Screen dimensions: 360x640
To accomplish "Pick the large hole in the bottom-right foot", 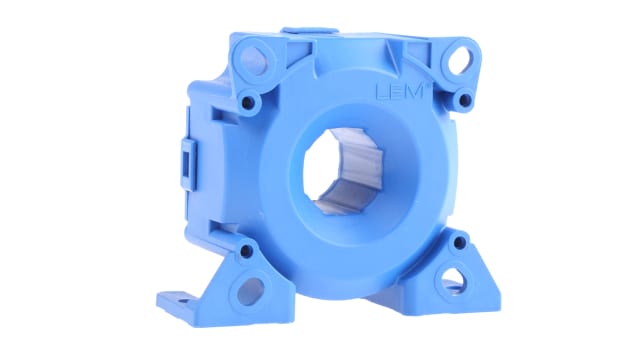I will click(x=456, y=277).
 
